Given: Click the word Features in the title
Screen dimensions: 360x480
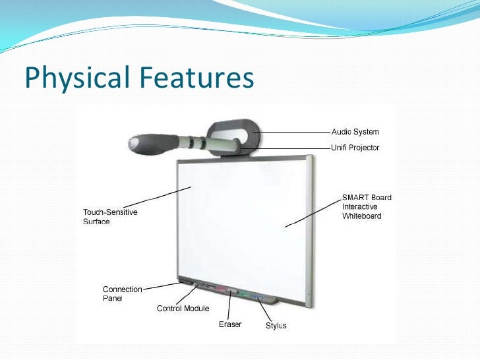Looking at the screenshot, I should pos(195,78).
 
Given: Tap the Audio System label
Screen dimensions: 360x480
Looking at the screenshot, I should pos(355,133).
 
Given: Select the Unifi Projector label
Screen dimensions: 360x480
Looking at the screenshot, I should pos(355,148).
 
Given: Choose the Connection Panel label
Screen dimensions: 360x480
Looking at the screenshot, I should pos(123,293).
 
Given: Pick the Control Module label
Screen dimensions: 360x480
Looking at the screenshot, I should pos(183,308).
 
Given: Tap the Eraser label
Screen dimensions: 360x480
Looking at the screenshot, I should pos(230,324).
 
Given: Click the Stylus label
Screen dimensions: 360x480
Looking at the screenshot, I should pos(276,326).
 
